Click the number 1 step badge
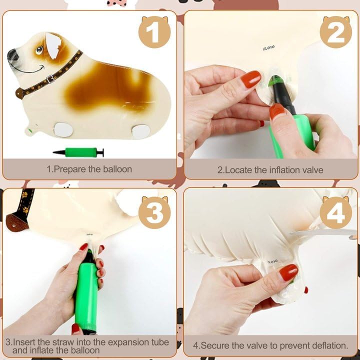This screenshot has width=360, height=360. point(154,31)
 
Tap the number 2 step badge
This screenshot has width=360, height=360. point(335,31)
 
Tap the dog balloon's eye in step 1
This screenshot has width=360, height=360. point(39,49)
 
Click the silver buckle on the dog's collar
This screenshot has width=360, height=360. point(51,79)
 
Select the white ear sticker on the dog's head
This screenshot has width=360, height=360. point(53,45)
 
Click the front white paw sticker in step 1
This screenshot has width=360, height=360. point(63,129)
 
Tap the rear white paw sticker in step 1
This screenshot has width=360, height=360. point(141,131)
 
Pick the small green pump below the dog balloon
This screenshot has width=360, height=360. point(78,152)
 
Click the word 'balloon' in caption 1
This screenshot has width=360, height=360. point(117,169)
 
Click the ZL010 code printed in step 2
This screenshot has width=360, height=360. point(268,48)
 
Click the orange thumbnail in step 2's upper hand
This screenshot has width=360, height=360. point(251,79)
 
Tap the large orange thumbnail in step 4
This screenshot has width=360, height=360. point(288,272)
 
